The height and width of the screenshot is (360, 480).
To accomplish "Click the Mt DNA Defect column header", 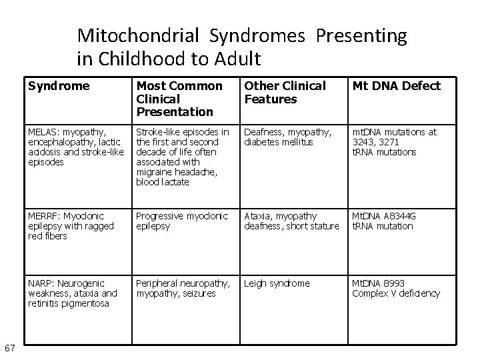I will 396,86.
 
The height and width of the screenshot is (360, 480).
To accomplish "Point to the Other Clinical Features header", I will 285,92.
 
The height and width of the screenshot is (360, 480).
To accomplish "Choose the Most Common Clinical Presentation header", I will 179,98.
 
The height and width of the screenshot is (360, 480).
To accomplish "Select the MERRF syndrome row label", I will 71,226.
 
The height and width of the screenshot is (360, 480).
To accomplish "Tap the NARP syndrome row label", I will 73,293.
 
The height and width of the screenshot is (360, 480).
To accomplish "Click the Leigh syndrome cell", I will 277,283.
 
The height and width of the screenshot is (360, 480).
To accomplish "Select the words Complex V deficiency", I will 396,293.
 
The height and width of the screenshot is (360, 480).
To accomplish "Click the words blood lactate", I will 163,182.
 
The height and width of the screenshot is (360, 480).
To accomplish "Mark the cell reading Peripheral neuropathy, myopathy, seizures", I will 183,288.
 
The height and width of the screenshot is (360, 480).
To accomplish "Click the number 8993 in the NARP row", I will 395,283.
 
